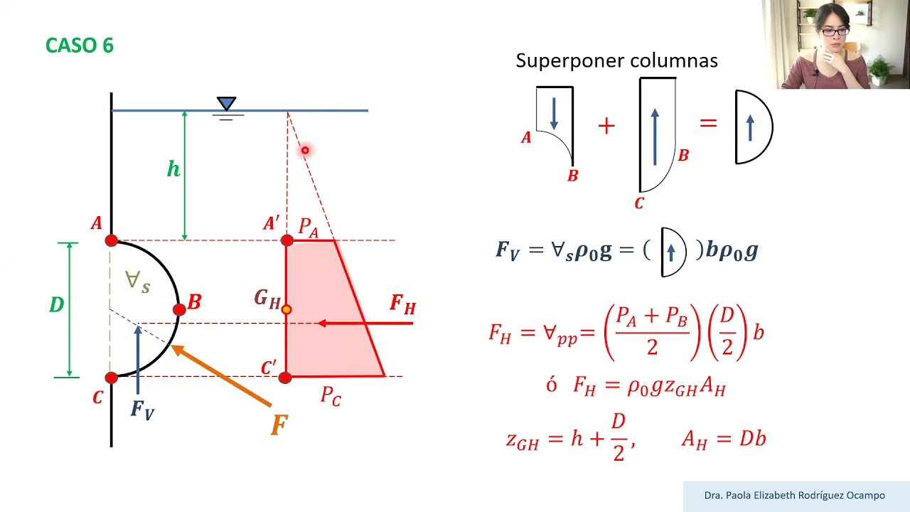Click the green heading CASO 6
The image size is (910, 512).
coord(79,45)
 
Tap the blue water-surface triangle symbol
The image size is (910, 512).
coord(226,103)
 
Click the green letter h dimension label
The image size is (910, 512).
coord(173,169)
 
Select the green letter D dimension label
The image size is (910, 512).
coord(56,304)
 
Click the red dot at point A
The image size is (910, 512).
coord(112,240)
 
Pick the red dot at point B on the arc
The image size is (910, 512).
coord(179,309)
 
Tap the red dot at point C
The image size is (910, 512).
coord(112,378)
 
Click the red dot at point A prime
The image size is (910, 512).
coord(287,240)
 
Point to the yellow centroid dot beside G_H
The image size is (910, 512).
coord(287,309)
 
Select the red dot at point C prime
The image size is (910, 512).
coord(285,378)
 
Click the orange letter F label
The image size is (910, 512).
coord(279,425)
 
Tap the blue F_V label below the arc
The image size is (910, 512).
coord(142,410)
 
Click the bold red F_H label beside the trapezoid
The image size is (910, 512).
coord(402,305)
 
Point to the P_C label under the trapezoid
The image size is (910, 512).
coord(331,396)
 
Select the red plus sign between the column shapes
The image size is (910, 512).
coord(606,126)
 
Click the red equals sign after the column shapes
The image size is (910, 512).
coord(709,122)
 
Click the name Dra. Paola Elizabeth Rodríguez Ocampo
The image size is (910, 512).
coord(794,496)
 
